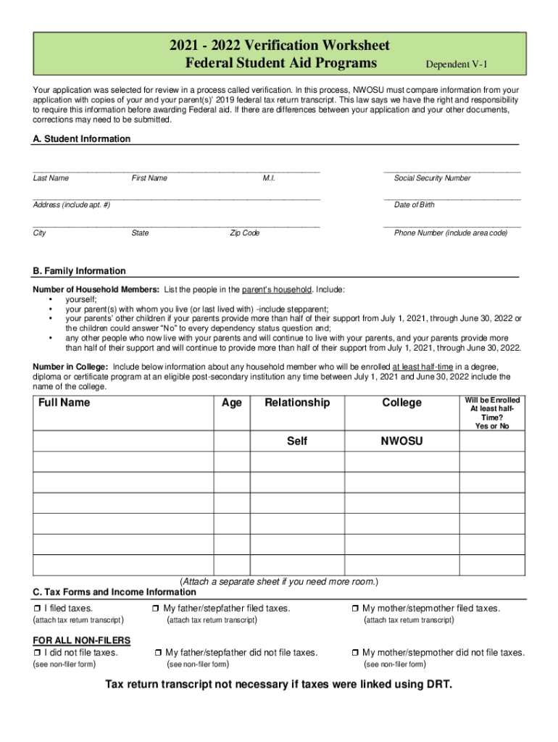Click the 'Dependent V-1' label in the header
click(457, 65)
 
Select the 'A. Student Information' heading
click(82, 138)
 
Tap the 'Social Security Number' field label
click(432, 178)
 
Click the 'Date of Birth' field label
click(415, 205)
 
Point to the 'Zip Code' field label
click(245, 233)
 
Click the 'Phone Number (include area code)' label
click(451, 233)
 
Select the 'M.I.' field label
click(269, 178)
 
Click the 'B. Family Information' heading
click(79, 271)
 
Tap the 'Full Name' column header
click(64, 403)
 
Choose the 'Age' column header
click(232, 403)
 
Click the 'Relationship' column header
click(297, 403)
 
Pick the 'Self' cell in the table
click(297, 441)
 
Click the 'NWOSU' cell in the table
click(402, 441)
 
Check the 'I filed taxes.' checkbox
click(37, 609)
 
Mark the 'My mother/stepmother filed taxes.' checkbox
click(355, 609)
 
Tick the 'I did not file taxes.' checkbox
click(37, 653)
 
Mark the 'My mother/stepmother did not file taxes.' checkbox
click(355, 653)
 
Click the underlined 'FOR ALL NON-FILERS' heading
click(82, 641)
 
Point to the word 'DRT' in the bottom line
click(435, 685)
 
